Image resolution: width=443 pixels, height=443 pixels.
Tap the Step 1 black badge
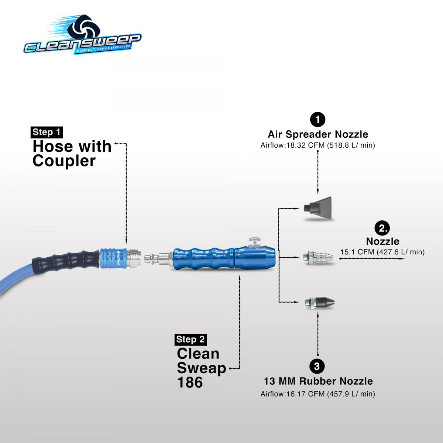pyautogui.click(x=47, y=132)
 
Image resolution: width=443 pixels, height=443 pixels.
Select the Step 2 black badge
pyautogui.click(x=190, y=339)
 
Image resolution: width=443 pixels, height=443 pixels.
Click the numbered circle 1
pyautogui.click(x=317, y=120)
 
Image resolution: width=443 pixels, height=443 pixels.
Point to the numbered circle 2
pyautogui.click(x=382, y=228)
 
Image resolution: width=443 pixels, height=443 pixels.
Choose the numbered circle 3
pyautogui.click(x=317, y=366)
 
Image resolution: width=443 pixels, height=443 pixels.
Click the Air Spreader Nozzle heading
pyautogui.click(x=318, y=134)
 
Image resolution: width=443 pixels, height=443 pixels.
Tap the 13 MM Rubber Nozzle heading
pyautogui.click(x=318, y=381)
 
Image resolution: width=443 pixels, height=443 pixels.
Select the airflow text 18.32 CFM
pyautogui.click(x=318, y=145)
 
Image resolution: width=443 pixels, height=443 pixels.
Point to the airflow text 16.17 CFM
pyautogui.click(x=318, y=394)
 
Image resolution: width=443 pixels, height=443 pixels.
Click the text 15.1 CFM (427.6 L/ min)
pyautogui.click(x=382, y=252)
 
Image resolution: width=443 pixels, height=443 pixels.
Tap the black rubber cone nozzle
pyautogui.click(x=320, y=302)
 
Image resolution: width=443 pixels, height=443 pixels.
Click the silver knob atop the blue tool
pyautogui.click(x=254, y=242)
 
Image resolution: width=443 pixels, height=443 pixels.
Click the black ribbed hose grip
pyautogui.click(x=66, y=260)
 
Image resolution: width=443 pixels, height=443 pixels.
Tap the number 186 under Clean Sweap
pyautogui.click(x=190, y=382)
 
